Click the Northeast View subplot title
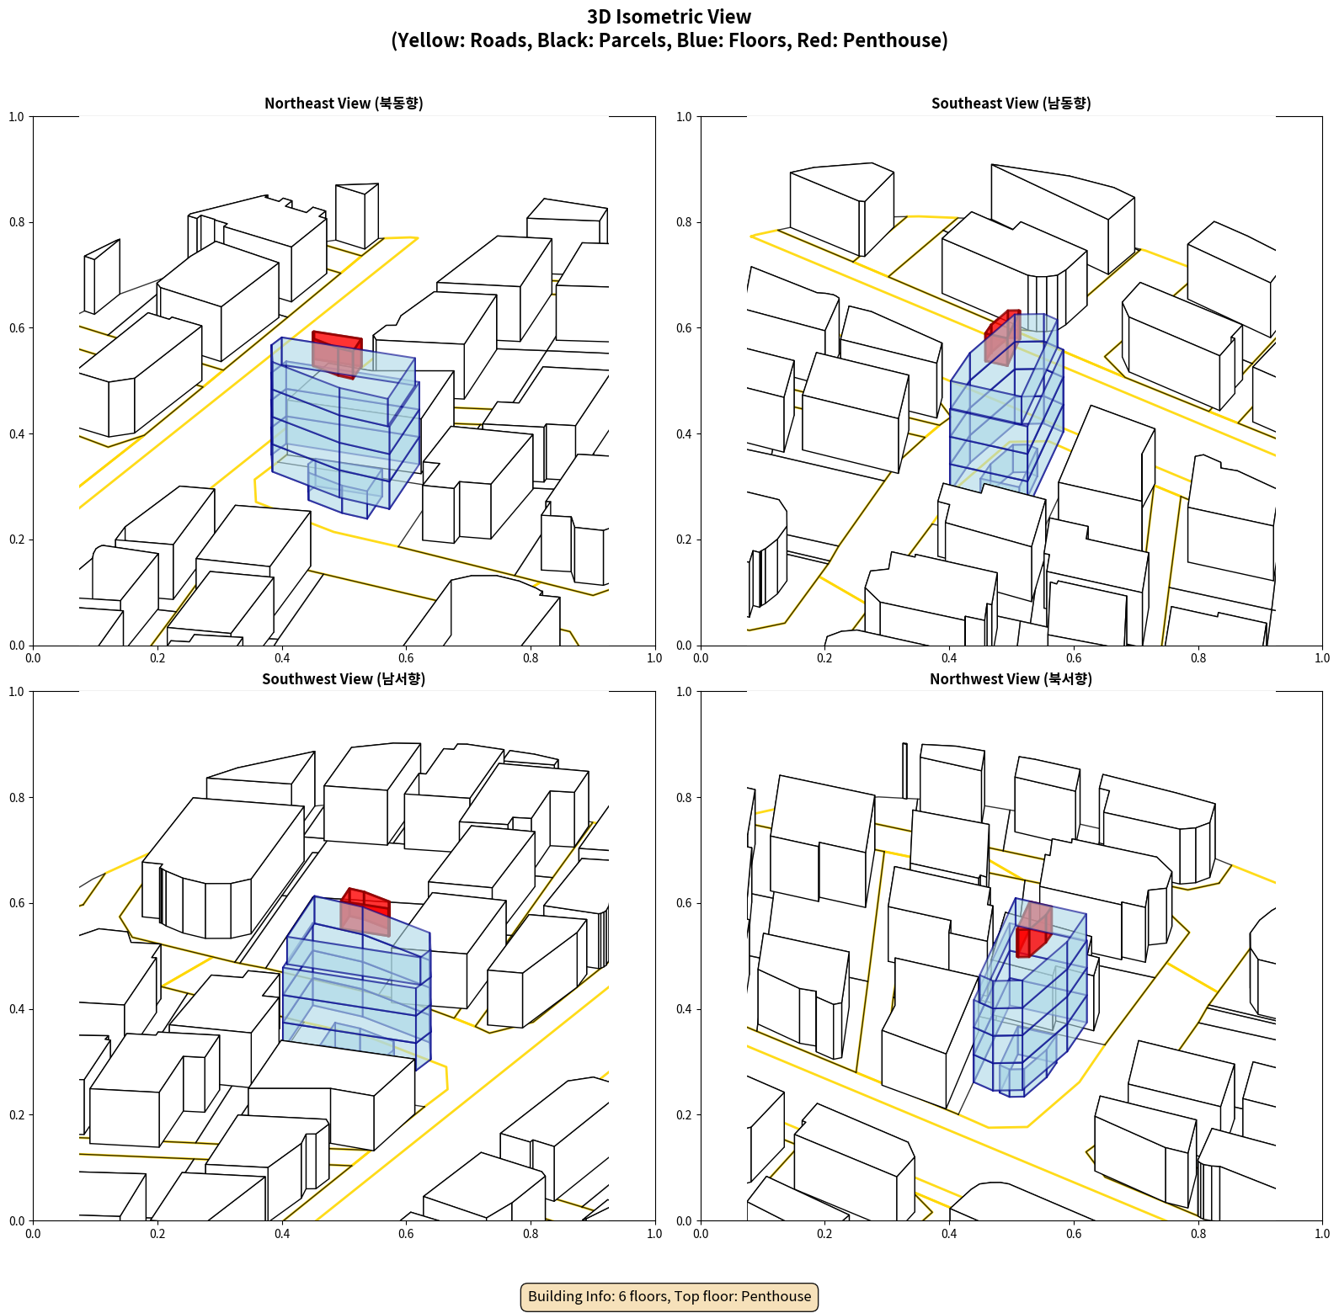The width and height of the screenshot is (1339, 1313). click(344, 103)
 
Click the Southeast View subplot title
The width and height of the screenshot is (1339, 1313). click(1011, 103)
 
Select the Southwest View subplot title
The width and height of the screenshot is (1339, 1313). click(344, 678)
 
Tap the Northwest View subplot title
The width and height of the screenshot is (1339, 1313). click(1011, 678)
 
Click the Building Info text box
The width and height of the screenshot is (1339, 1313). click(669, 1296)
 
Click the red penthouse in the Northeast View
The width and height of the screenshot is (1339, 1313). click(337, 354)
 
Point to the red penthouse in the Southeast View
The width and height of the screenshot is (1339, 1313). click(1002, 337)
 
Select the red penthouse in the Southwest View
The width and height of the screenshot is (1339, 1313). click(365, 912)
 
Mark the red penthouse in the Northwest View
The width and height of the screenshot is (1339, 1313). click(1034, 929)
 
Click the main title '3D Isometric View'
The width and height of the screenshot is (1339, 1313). click(669, 17)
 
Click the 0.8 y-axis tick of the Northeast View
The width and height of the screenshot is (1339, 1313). click(16, 222)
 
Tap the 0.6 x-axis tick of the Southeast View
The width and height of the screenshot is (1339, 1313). click(1074, 658)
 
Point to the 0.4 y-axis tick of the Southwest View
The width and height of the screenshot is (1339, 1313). click(16, 1009)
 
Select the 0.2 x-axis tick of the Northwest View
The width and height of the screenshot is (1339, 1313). click(824, 1234)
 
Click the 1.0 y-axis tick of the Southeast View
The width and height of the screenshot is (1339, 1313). click(684, 117)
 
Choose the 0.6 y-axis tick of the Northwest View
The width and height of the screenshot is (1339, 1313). click(684, 903)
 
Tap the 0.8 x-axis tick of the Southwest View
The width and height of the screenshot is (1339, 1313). click(531, 1234)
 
